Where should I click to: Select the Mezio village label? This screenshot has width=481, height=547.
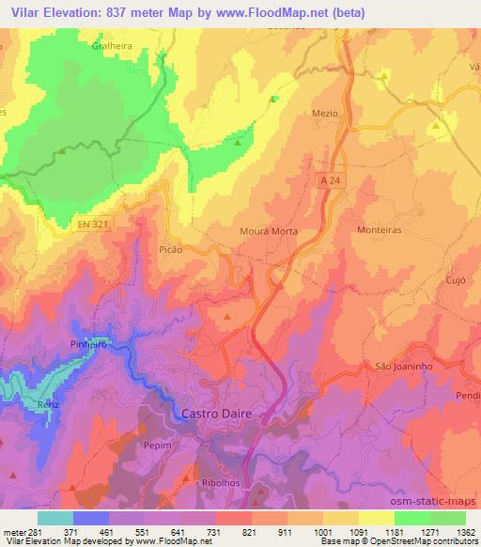click(x=323, y=111)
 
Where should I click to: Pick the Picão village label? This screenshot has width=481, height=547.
click(x=170, y=251)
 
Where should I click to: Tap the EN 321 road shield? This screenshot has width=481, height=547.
click(x=88, y=224)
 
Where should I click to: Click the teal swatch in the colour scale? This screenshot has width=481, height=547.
click(x=55, y=517)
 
